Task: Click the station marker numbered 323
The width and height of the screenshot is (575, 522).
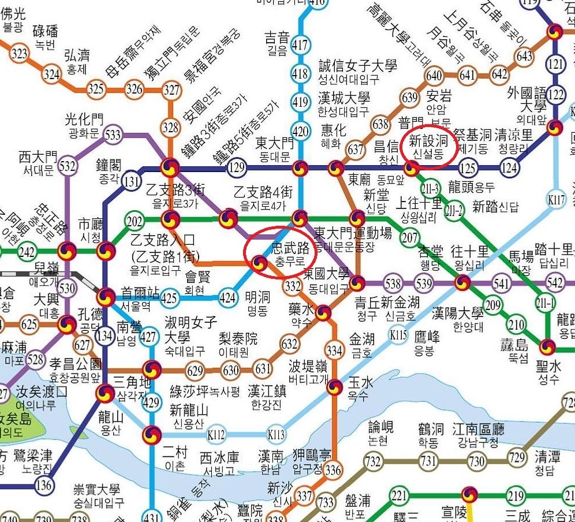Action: click(20, 54)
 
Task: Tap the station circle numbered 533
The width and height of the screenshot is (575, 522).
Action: click(113, 135)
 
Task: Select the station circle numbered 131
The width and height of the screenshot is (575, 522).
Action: click(132, 182)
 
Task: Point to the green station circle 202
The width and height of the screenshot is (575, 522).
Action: click(135, 222)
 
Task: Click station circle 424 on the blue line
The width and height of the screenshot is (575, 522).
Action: click(228, 299)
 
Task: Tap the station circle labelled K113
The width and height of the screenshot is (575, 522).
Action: click(277, 434)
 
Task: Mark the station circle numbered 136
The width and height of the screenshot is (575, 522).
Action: click(44, 485)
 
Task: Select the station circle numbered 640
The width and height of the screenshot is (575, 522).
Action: click(434, 76)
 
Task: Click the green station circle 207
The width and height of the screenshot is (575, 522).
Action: click(409, 237)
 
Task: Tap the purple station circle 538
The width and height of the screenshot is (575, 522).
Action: click(393, 284)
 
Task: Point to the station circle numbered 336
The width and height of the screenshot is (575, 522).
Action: click(333, 470)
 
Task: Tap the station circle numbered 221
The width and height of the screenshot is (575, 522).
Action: click(399, 496)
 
